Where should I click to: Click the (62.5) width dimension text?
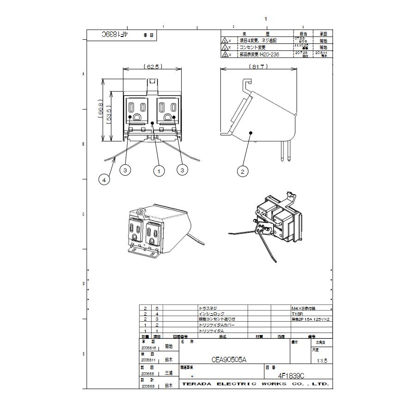click(153, 67)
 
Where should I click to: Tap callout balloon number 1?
click(159, 171)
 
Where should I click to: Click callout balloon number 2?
click(243, 171)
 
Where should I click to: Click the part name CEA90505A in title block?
click(229, 360)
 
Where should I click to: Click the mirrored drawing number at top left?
click(114, 34)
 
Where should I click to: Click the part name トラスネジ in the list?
click(207, 308)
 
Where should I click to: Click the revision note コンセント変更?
click(252, 47)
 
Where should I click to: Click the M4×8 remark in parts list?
click(303, 308)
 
